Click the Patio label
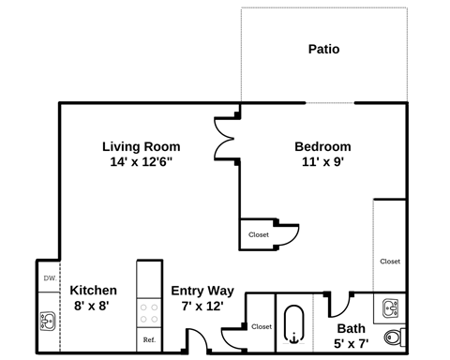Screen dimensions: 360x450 (323, 49)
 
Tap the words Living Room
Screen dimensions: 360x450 (141, 146)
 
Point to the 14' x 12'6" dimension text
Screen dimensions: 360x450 (141, 162)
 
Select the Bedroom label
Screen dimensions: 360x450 (322, 146)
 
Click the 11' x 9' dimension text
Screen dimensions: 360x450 (322, 162)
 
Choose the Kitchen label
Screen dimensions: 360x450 (94, 291)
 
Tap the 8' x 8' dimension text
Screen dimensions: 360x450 (94, 306)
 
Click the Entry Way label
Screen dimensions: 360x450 (202, 291)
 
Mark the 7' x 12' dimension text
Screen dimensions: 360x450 (202, 306)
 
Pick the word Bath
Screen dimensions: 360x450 (352, 328)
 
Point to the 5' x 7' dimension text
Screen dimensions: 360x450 (352, 343)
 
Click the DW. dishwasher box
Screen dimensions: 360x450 (48, 278)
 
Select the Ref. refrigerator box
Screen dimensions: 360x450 (149, 339)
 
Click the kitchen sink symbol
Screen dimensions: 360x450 (48, 322)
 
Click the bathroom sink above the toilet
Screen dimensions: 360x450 (392, 306)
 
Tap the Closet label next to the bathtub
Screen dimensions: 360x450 (261, 326)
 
